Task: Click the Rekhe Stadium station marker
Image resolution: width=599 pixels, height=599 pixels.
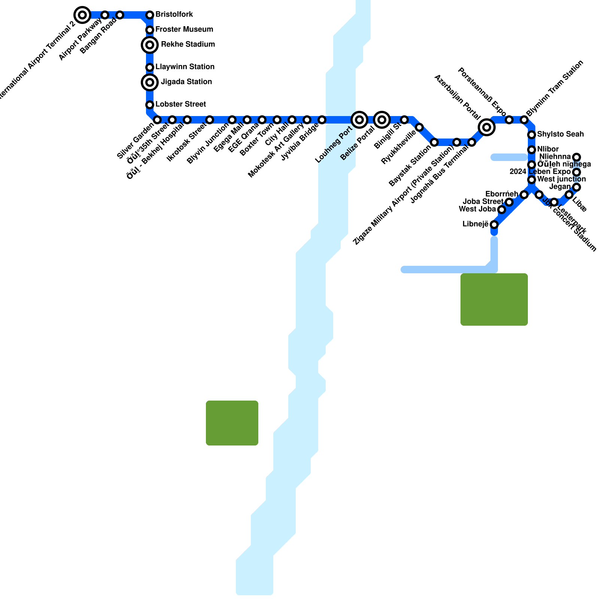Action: tap(150, 45)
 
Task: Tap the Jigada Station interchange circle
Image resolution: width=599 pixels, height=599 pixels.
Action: tap(150, 82)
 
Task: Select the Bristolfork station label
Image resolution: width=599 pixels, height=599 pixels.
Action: tap(174, 15)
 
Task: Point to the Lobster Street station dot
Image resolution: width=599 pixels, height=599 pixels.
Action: tap(150, 105)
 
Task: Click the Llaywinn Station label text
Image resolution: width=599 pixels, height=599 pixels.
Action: tap(185, 67)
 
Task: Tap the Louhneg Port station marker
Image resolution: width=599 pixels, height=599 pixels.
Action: tap(359, 120)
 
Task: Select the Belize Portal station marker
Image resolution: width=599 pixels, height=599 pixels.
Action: tap(382, 120)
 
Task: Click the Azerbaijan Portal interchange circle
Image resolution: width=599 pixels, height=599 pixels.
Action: tap(487, 127)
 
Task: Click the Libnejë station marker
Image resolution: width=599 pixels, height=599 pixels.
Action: tap(494, 225)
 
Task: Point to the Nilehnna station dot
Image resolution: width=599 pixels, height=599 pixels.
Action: tap(577, 157)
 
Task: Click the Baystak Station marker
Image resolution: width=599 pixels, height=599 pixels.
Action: tap(434, 142)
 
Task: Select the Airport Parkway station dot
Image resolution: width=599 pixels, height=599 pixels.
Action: tap(105, 15)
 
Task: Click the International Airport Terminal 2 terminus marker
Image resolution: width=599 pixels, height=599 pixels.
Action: tap(82, 15)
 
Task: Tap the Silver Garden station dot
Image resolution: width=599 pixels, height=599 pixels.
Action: tap(157, 120)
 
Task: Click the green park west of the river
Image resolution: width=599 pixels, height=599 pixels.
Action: tap(232, 423)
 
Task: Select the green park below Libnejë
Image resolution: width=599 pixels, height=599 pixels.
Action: tap(494, 299)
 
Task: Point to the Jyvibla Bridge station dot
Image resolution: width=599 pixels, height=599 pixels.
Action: tap(322, 120)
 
